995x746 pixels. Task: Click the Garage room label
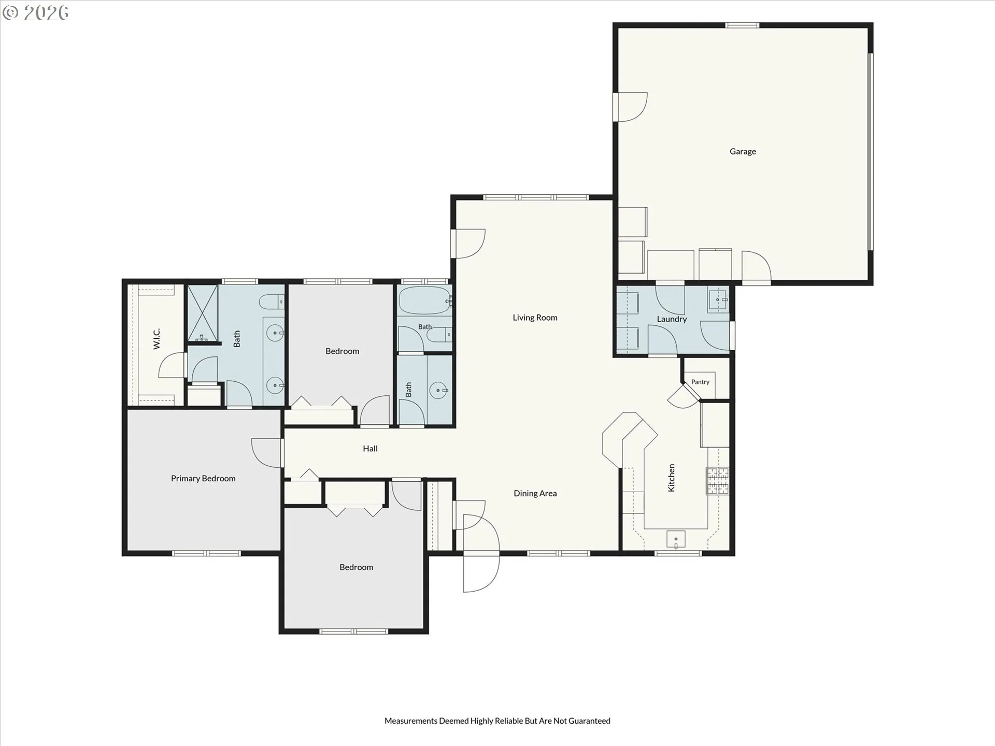pos(743,151)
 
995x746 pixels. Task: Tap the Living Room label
pos(535,318)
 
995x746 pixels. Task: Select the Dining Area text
pos(535,493)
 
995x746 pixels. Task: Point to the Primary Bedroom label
pos(203,479)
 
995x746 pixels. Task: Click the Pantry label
pos(700,382)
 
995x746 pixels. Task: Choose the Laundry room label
pos(672,319)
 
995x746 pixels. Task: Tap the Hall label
pos(370,449)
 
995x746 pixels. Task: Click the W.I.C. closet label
pos(157,339)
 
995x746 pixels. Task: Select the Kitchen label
pos(671,478)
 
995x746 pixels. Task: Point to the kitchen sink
pos(676,539)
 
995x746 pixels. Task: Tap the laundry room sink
pos(719,299)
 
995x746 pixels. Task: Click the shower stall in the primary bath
pos(202,313)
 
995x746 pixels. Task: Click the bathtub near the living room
pos(424,301)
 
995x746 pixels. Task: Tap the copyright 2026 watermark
pos(35,13)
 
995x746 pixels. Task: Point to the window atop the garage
pos(742,25)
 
